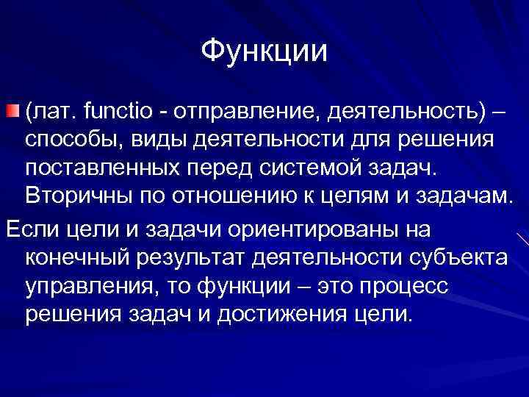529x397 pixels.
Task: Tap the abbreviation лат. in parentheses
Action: tap(53, 112)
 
